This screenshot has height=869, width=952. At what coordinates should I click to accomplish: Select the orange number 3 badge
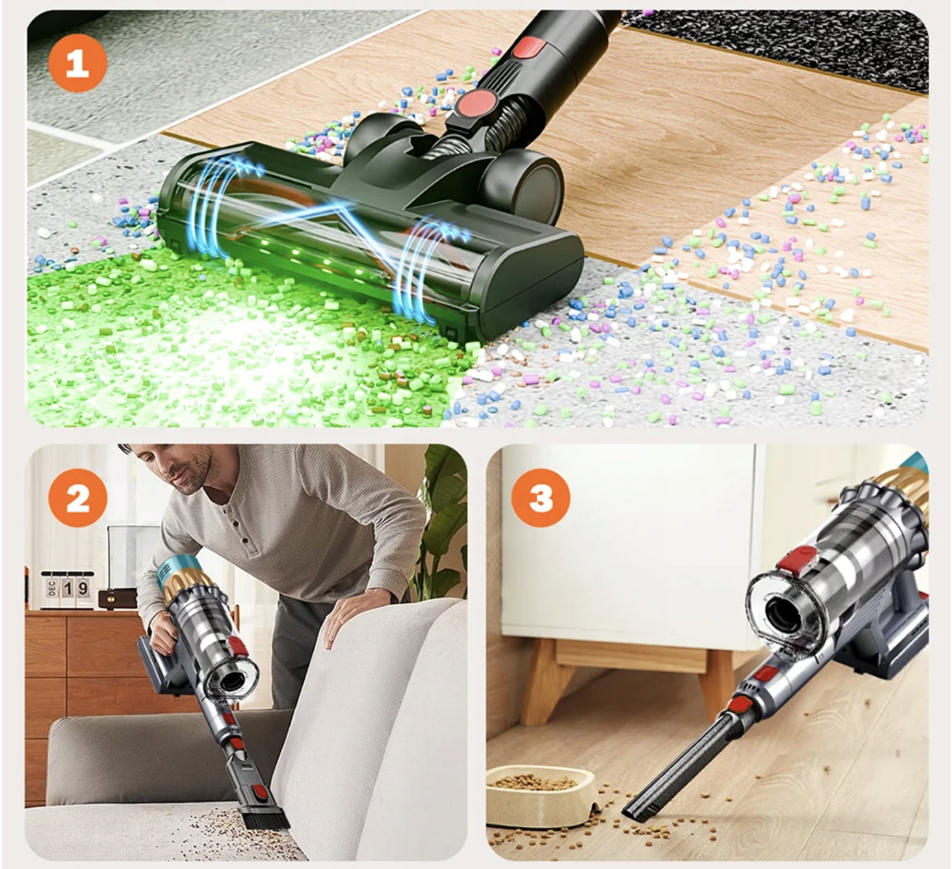coord(541,499)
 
